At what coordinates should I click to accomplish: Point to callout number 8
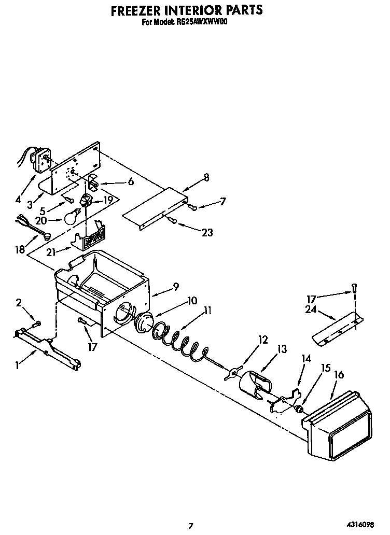[x=206, y=177]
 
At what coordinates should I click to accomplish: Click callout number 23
[x=207, y=233]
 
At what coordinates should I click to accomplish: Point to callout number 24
[x=311, y=309]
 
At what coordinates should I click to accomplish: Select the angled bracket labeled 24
[x=337, y=330]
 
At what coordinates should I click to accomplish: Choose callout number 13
[x=282, y=349]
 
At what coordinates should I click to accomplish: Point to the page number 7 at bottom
[x=191, y=526]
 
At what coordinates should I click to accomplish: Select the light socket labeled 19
[x=86, y=199]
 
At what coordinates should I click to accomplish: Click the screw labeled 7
[x=192, y=207]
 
